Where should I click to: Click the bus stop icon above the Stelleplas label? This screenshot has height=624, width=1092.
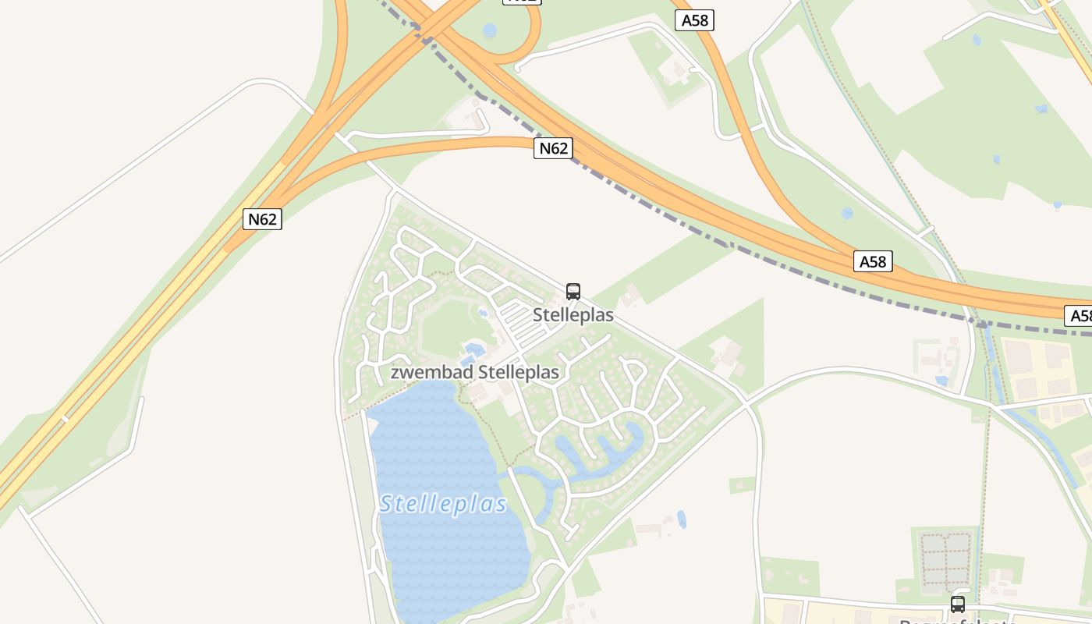point(573,292)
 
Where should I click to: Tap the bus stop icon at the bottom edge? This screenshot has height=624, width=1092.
point(958,604)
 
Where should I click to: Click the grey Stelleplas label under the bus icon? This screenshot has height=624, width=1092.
point(573,315)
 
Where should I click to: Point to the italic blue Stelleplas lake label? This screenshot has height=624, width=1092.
point(443,504)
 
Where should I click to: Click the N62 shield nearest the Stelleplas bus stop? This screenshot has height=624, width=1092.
point(553,148)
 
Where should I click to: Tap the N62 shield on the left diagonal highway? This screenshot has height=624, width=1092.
point(262,219)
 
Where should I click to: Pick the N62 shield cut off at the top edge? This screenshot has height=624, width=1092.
point(522,2)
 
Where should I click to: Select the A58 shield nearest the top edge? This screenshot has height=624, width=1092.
point(694,20)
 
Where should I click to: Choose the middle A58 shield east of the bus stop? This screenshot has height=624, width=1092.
point(872,261)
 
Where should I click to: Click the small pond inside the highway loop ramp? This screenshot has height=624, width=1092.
point(489,30)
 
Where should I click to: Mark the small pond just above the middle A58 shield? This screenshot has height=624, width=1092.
point(847,213)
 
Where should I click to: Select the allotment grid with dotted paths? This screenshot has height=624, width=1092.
point(946,559)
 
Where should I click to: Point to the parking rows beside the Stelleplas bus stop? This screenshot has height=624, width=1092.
point(518,320)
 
